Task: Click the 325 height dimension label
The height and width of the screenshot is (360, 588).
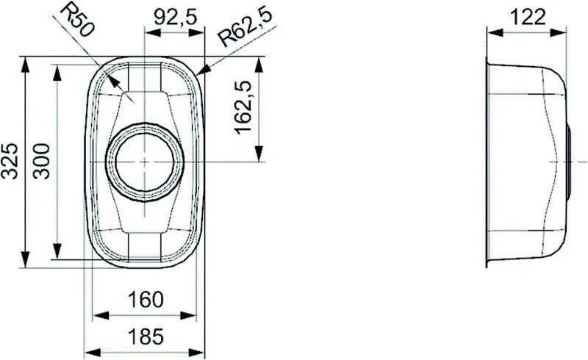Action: point(10,161)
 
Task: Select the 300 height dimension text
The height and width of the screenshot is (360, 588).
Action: point(42,161)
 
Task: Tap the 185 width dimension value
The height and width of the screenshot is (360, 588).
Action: point(146,337)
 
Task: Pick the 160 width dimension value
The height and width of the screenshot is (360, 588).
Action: point(146,300)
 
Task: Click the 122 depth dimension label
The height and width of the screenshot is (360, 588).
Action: point(528,17)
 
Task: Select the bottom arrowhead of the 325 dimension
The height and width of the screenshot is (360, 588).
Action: point(26,260)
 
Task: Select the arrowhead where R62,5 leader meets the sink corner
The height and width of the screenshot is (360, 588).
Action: point(203,71)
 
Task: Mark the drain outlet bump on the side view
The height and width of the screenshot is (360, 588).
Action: point(570,161)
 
